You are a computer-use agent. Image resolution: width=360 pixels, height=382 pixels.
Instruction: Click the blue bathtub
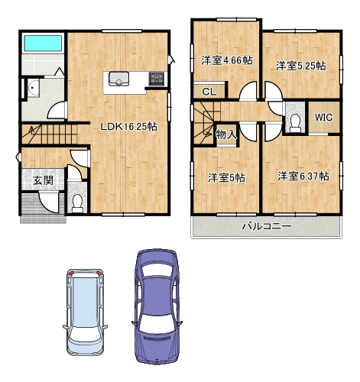43,43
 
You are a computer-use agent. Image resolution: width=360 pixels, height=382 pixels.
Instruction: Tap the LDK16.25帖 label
128,127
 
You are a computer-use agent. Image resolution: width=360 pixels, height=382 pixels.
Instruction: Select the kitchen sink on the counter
118,79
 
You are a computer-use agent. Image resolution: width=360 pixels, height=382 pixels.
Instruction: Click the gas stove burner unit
157,79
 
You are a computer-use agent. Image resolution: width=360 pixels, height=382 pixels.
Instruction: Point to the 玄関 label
44,180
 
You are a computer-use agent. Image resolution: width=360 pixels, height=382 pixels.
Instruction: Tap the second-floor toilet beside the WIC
295,123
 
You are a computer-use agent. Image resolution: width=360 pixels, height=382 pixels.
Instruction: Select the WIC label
323,118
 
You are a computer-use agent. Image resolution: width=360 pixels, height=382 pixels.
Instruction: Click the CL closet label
209,92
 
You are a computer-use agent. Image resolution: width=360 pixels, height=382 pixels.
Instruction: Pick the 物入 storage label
226,134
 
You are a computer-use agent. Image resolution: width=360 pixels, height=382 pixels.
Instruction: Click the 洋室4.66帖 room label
227,60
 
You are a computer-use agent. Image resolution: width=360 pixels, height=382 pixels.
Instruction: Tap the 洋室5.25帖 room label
301,66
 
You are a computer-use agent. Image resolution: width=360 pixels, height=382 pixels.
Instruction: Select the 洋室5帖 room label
226,177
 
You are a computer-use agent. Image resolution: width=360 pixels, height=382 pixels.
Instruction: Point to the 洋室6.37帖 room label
303,176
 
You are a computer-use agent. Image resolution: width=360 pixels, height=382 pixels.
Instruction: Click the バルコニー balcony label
266,226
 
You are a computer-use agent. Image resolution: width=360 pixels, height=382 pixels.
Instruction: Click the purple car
157,306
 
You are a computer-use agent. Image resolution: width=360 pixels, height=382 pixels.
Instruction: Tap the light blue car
85,312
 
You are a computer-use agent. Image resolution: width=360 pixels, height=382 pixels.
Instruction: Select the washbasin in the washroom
33,88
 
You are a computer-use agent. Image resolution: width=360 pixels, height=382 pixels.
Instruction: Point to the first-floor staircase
49,134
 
